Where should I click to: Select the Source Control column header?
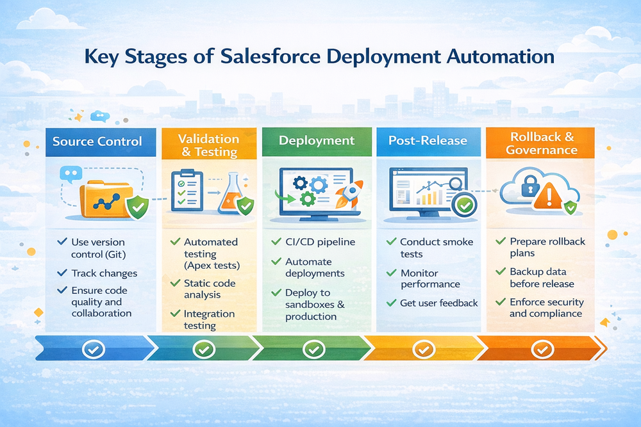coord(97,141)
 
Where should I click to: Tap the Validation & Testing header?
coord(208,145)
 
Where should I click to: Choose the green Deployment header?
coord(317,141)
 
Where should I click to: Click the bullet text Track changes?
coord(104,273)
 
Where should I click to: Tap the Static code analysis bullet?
coord(210,289)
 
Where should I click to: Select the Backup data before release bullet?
coord(542,278)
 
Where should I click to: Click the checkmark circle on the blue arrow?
coord(94,350)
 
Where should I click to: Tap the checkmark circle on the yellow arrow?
coord(422,350)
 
